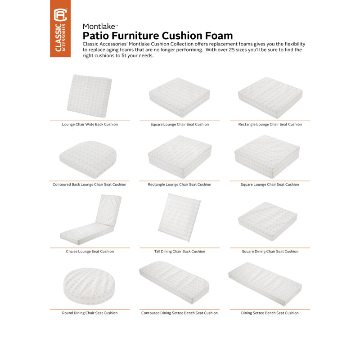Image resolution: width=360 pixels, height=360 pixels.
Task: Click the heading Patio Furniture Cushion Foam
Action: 158,36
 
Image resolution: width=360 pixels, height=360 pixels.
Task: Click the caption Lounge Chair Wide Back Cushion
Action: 90,124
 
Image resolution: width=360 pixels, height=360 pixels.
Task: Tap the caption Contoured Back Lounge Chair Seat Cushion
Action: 90,184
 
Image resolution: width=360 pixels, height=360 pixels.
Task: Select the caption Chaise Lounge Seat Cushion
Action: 90,252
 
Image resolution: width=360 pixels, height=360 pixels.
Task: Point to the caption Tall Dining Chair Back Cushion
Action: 180,252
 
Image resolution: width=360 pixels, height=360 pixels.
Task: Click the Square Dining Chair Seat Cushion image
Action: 269,219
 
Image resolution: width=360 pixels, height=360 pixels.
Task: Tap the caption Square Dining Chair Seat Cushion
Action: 270,252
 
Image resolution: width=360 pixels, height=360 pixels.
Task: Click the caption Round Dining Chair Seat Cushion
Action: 90,313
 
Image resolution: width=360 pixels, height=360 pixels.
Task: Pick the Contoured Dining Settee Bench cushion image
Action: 179,283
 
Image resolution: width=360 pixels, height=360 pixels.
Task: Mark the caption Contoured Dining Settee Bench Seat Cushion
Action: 180,313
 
